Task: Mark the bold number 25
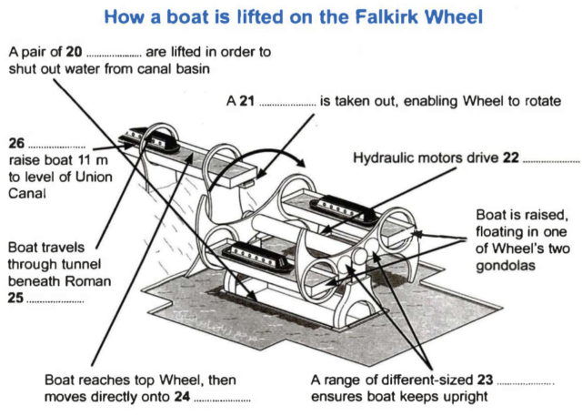click(15, 298)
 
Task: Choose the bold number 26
click(15, 144)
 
